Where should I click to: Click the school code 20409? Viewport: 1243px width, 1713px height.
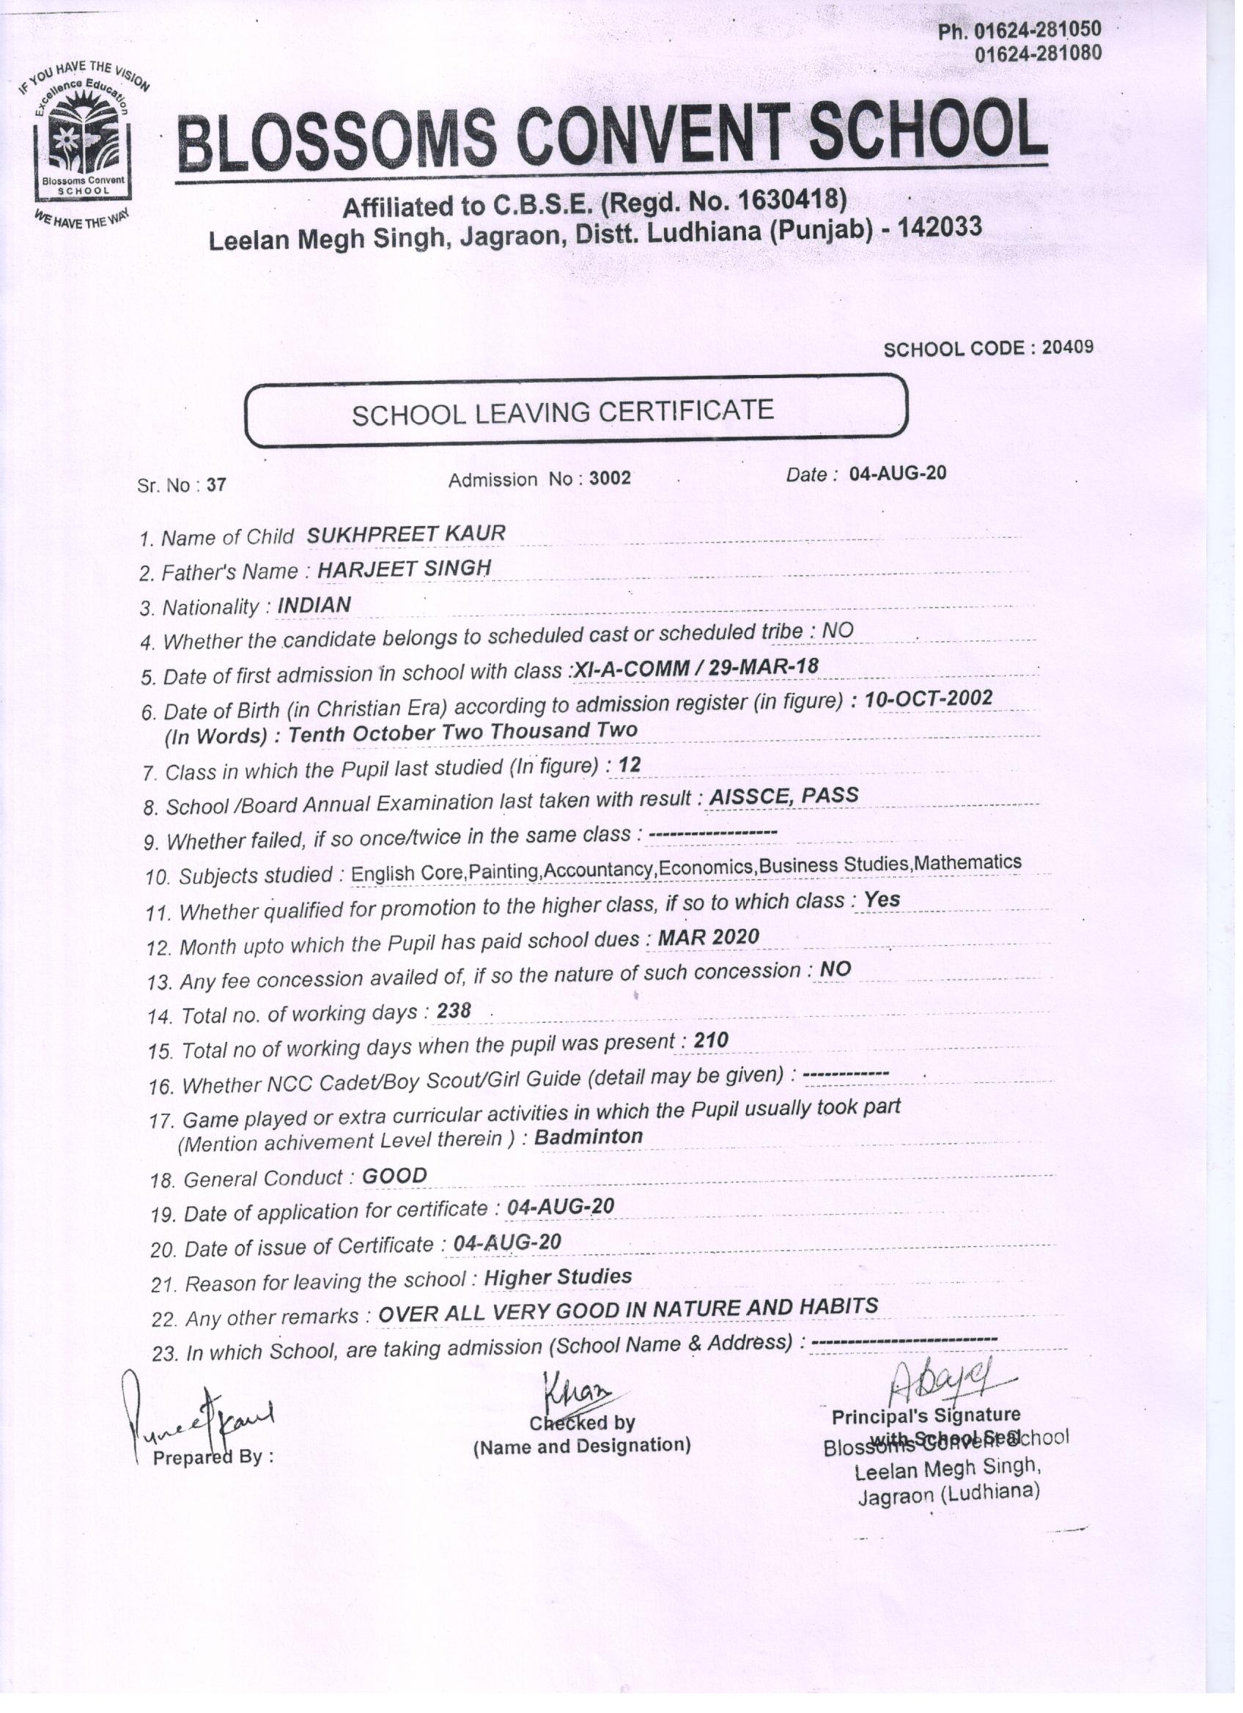click(x=1067, y=347)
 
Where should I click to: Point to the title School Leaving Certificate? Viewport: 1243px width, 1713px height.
click(x=562, y=412)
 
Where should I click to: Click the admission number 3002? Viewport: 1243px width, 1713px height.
click(x=610, y=479)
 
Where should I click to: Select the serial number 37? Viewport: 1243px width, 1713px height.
click(x=216, y=485)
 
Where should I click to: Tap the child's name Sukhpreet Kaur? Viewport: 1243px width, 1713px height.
click(x=406, y=534)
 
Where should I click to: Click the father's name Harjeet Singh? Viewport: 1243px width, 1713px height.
click(x=404, y=569)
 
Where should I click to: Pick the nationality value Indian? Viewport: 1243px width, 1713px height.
click(x=314, y=605)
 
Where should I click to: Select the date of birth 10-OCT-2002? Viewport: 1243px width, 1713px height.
click(x=928, y=699)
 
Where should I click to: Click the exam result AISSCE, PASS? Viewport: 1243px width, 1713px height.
click(x=783, y=796)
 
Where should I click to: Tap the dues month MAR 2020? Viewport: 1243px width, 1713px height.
click(x=708, y=937)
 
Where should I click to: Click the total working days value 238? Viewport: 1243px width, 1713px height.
click(x=454, y=1010)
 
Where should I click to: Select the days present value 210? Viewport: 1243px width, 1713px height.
click(x=711, y=1041)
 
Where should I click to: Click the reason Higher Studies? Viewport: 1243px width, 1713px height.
click(x=558, y=1276)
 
